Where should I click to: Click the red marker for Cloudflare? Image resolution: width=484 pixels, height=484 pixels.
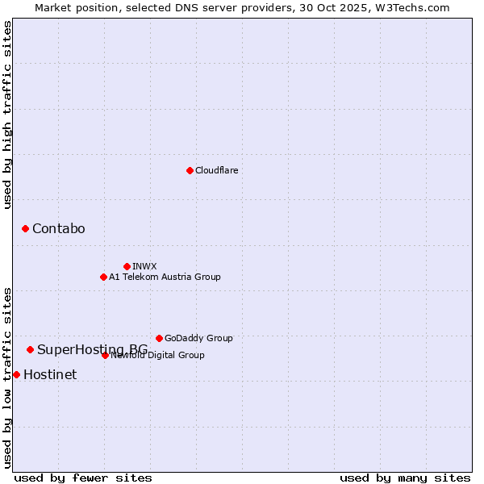(190, 170)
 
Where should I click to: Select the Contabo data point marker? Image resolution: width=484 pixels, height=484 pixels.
(25, 229)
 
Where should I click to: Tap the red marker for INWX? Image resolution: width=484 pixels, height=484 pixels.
(127, 266)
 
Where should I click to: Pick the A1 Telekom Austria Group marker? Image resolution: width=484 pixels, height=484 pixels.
(103, 277)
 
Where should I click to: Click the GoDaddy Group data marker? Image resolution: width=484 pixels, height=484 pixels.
(159, 338)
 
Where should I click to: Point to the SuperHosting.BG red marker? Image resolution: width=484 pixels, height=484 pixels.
(30, 349)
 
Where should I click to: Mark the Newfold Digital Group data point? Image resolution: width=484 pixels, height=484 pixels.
(105, 355)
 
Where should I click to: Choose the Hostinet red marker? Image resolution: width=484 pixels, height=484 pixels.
(16, 374)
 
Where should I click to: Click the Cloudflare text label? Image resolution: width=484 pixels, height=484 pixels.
(216, 170)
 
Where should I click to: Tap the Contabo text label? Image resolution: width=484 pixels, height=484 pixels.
(58, 229)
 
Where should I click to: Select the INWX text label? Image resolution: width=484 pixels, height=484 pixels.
(144, 266)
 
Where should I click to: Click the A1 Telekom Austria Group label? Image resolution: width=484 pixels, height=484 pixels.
(165, 277)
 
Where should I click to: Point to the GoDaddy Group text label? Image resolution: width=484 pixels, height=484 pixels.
(198, 338)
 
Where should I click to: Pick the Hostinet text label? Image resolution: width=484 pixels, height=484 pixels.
(50, 374)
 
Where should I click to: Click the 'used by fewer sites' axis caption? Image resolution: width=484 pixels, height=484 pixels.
(83, 478)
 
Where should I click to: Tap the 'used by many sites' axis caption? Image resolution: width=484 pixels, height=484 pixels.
(405, 478)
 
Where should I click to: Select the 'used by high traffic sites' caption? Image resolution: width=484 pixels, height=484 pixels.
(7, 115)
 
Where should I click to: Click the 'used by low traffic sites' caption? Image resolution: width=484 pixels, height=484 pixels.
(7, 377)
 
